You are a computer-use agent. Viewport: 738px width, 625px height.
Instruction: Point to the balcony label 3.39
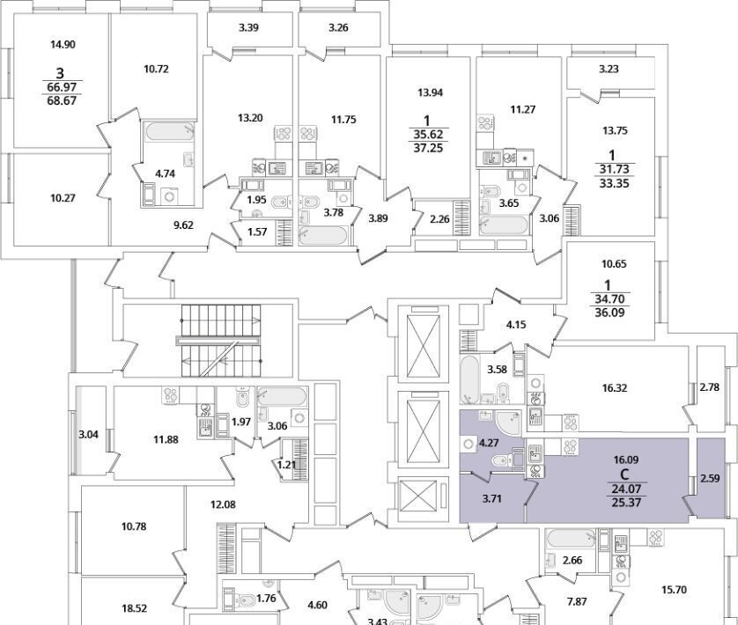pyautogui.click(x=248, y=27)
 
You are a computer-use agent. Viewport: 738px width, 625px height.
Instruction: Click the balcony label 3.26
pyautogui.click(x=339, y=27)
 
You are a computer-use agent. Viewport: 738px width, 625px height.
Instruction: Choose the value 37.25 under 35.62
pyautogui.click(x=428, y=151)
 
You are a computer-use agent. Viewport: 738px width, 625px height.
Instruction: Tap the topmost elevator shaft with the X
pyautogui.click(x=425, y=342)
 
